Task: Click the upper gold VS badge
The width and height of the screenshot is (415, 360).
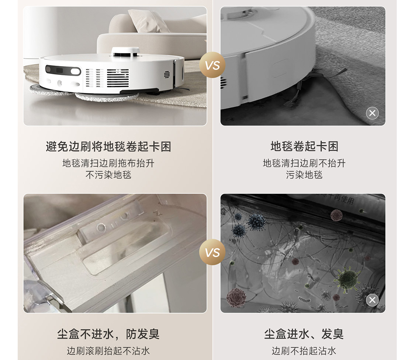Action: pos(212,65)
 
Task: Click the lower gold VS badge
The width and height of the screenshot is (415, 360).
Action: pos(212,252)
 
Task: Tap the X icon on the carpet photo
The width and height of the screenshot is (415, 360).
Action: pos(372,113)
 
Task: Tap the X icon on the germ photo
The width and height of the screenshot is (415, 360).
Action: pos(372,300)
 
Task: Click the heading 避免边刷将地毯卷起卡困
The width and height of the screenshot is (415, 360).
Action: pos(108,147)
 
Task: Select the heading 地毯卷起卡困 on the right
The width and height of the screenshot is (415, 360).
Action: pos(304,146)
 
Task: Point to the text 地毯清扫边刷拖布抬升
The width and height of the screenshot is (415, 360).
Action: pos(108,163)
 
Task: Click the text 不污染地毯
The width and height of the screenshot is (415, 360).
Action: pos(108,175)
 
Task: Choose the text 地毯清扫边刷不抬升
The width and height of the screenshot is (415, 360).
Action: pos(304,163)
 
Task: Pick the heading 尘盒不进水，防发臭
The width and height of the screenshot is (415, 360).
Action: pos(108,334)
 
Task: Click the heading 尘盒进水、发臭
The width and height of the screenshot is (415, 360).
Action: pos(304,334)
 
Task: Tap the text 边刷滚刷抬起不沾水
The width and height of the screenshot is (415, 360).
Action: pos(108,351)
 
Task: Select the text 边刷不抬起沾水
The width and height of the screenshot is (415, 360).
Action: pos(304,351)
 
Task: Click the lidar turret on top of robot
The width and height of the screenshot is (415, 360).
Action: pos(125,52)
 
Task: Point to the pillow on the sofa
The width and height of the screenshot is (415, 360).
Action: pos(148,21)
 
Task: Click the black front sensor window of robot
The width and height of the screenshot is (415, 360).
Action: pos(63,71)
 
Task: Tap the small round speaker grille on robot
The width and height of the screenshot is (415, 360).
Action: pos(167,75)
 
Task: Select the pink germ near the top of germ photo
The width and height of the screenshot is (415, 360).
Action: pos(336,215)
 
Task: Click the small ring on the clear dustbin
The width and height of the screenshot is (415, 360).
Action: pos(101,227)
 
